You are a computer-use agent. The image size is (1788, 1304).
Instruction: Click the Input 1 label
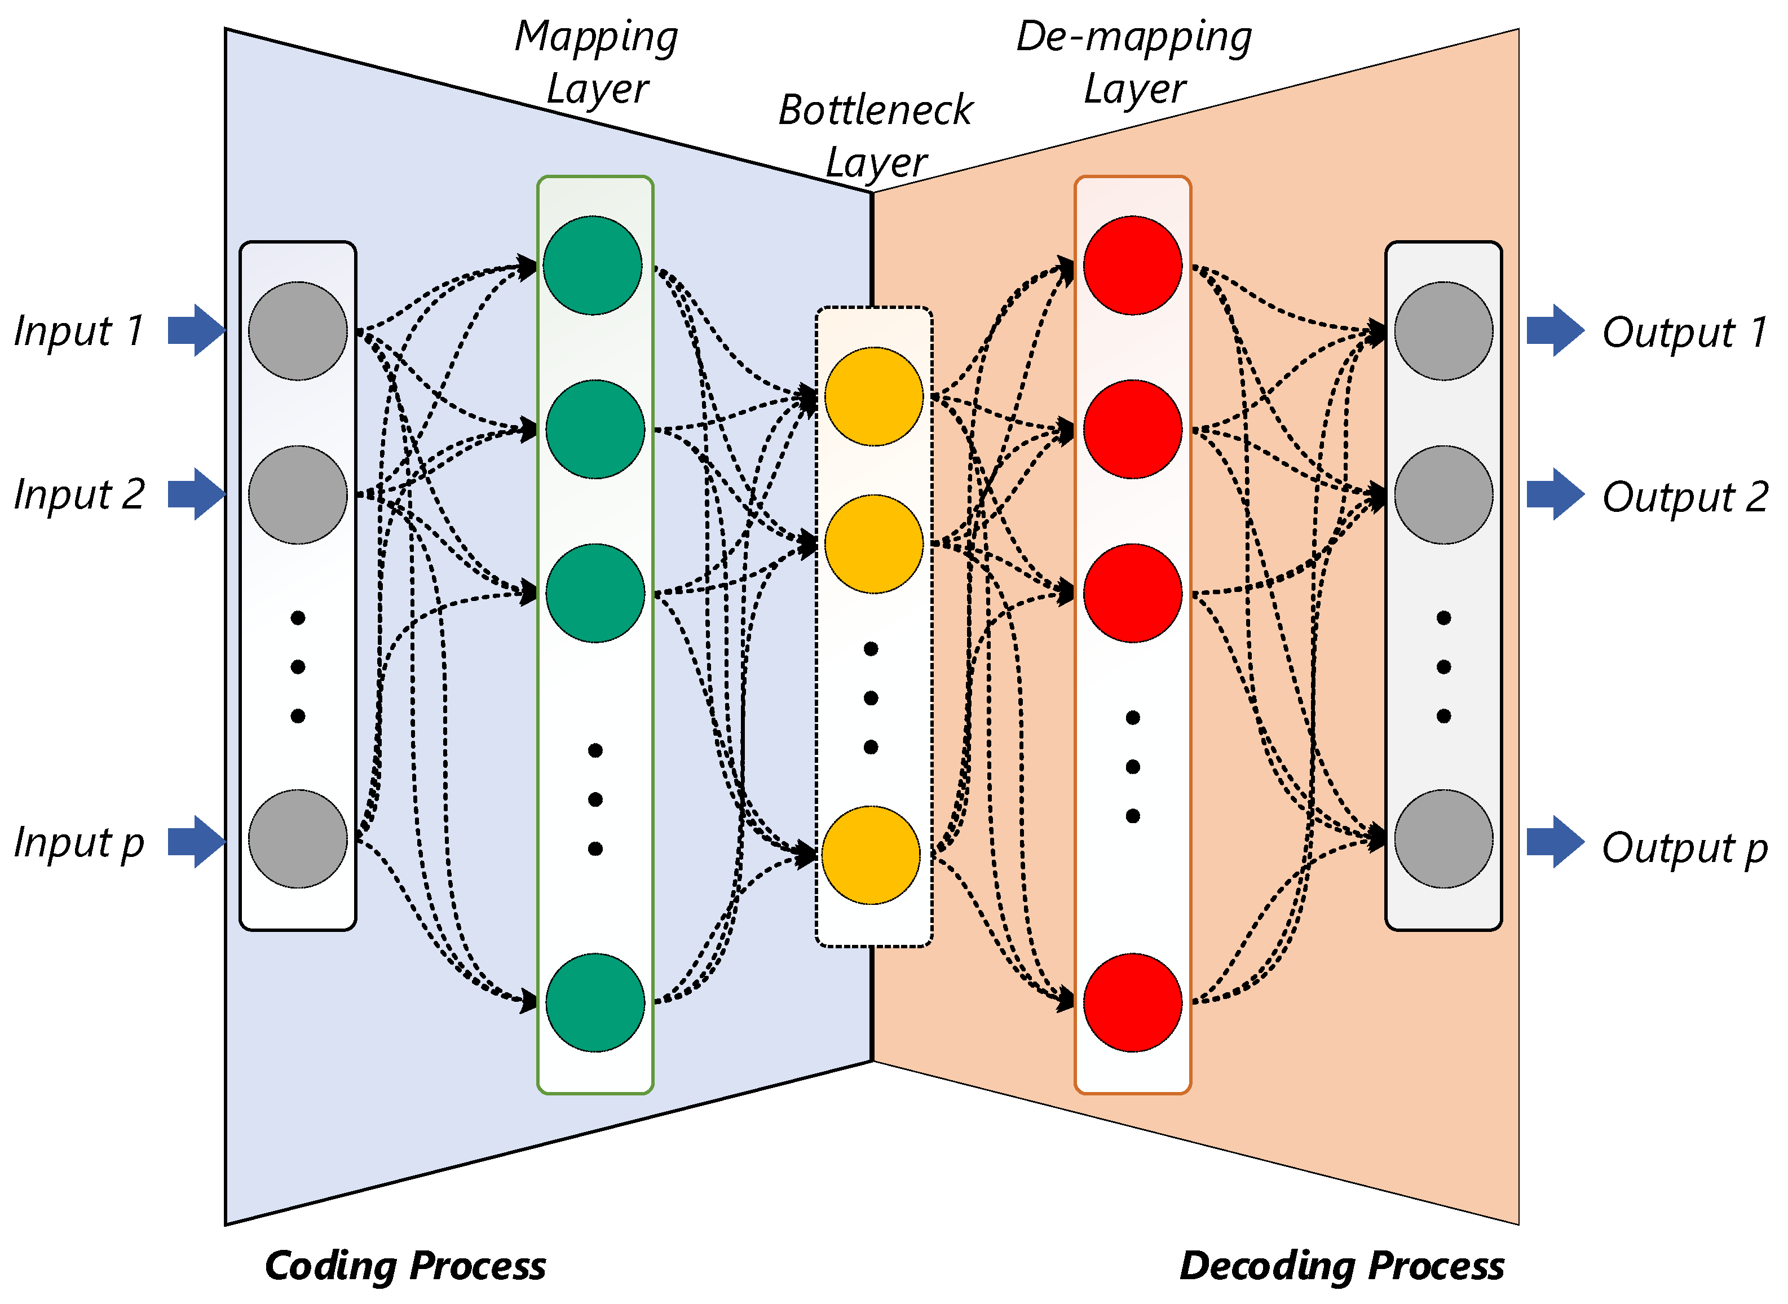point(79,331)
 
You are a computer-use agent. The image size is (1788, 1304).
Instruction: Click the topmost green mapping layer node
point(593,265)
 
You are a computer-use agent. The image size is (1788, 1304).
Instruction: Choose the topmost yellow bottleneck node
point(874,396)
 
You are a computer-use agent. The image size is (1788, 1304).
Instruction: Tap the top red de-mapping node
point(1132,265)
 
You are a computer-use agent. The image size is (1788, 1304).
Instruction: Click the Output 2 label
point(1685,497)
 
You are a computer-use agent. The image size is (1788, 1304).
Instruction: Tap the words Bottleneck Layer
point(876,136)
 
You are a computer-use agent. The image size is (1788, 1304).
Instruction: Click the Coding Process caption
point(405,1267)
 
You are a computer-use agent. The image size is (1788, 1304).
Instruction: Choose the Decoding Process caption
point(1341,1267)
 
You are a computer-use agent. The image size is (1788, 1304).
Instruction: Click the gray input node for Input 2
point(298,495)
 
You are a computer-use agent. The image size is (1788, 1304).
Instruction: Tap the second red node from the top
point(1132,430)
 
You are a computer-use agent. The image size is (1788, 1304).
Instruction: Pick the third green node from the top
point(595,593)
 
